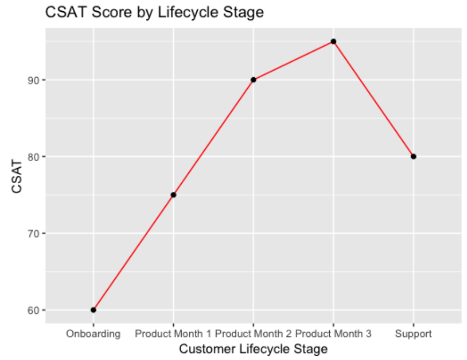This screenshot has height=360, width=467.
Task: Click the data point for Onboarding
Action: (93, 310)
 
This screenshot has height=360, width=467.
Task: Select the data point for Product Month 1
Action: (173, 194)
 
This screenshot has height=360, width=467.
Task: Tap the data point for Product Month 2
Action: (253, 80)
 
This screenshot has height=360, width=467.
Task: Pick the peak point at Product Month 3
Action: (333, 41)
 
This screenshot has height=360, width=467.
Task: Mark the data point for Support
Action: (413, 156)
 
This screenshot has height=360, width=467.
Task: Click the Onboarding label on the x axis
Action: (93, 334)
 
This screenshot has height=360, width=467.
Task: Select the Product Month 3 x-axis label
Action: (333, 334)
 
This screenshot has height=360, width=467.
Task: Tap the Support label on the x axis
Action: (413, 334)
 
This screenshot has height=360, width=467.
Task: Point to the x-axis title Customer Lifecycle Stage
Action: (253, 349)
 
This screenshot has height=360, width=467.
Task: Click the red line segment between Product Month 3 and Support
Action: (373, 99)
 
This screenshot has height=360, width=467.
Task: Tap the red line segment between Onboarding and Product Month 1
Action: (133, 252)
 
